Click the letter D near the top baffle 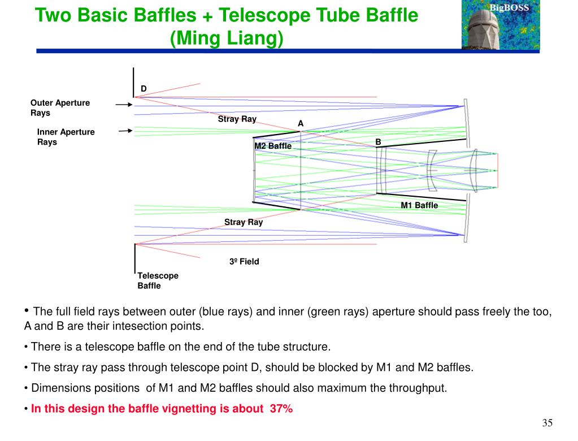coord(144,89)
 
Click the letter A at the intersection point coord(301,123)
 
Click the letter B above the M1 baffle coord(378,141)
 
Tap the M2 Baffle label coord(273,146)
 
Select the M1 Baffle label coord(419,205)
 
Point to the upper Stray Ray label coord(237,119)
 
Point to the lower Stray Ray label coord(244,222)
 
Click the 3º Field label coord(244,262)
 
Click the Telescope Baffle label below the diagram coord(158,280)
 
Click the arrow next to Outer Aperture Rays coord(124,105)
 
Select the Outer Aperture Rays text coord(60,107)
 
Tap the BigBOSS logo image coord(500,24)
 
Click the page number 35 coord(546,423)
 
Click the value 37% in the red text coord(281,409)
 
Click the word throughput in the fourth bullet coord(420,388)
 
